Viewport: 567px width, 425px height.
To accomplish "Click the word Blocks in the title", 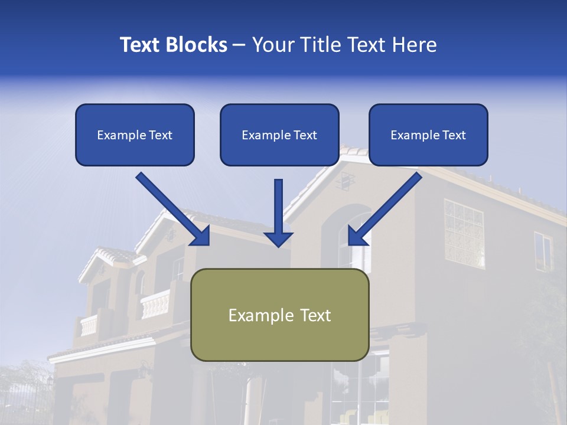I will coord(198,45).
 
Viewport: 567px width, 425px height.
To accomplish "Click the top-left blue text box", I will coord(135,135).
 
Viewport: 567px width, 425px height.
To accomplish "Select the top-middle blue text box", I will coord(279,135).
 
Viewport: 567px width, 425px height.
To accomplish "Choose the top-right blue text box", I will coord(428,135).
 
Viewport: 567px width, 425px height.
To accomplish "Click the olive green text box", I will coord(279,315).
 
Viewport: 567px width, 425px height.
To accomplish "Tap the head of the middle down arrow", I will coord(278,238).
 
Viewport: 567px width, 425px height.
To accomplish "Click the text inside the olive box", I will coord(279,315).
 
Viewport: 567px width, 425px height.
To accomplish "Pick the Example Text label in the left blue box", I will coord(135,135).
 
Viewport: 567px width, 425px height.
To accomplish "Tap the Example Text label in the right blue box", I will coord(428,135).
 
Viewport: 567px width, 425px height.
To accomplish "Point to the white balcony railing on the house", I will coord(155,304).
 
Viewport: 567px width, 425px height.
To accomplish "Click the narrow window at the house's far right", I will coord(543,250).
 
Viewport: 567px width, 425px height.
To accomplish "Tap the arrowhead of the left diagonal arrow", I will coord(201,236).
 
